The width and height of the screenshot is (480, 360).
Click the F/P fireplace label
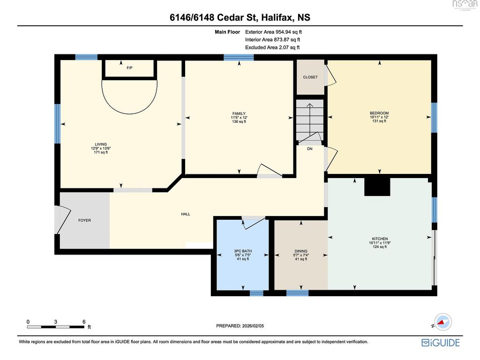pyautogui.click(x=129, y=67)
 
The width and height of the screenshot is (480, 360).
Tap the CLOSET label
pyautogui.click(x=310, y=77)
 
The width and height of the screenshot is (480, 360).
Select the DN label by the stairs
pyautogui.click(x=310, y=149)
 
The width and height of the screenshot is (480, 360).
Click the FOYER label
pyautogui.click(x=84, y=220)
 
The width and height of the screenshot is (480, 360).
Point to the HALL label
pyautogui.click(x=186, y=214)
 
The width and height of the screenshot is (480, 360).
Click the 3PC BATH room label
pyautogui.click(x=243, y=251)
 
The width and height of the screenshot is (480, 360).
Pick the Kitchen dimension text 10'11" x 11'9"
pyautogui.click(x=380, y=243)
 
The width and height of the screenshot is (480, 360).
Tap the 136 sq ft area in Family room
pyautogui.click(x=239, y=121)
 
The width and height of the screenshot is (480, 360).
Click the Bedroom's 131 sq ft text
pyautogui.click(x=379, y=121)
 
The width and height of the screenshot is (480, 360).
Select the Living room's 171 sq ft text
pyautogui.click(x=101, y=152)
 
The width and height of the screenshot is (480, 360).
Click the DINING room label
pyautogui.click(x=301, y=251)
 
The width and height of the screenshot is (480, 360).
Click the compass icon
pyautogui.click(x=442, y=322)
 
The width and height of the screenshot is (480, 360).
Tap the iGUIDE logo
pyautogui.click(x=441, y=343)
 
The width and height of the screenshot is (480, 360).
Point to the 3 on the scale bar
pyautogui.click(x=55, y=322)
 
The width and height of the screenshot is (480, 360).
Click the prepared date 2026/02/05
pyautogui.click(x=253, y=326)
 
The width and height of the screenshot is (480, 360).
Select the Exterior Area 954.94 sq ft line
pyautogui.click(x=273, y=32)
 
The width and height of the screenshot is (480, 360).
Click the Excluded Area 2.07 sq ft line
pyautogui.click(x=272, y=47)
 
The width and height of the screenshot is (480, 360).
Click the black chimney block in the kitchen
pyautogui.click(x=377, y=187)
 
